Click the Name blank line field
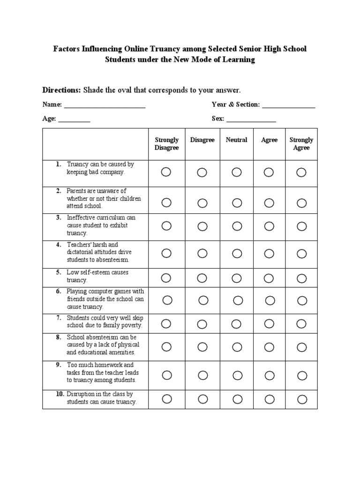[x=105, y=105]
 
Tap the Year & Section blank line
[x=288, y=105]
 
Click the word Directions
[x=61, y=90]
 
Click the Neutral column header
[x=236, y=140]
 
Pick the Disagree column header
[x=202, y=140]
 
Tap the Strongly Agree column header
[x=301, y=143]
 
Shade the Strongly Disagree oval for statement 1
[x=166, y=172]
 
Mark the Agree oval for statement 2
[x=269, y=202]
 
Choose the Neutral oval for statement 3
[x=237, y=226]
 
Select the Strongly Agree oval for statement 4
[x=301, y=254]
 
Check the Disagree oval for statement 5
[x=202, y=278]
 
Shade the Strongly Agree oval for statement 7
[x=301, y=323]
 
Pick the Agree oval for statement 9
[x=269, y=375]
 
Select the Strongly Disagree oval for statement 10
[x=167, y=399]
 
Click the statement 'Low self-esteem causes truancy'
[x=97, y=276]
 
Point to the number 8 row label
[x=59, y=337]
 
